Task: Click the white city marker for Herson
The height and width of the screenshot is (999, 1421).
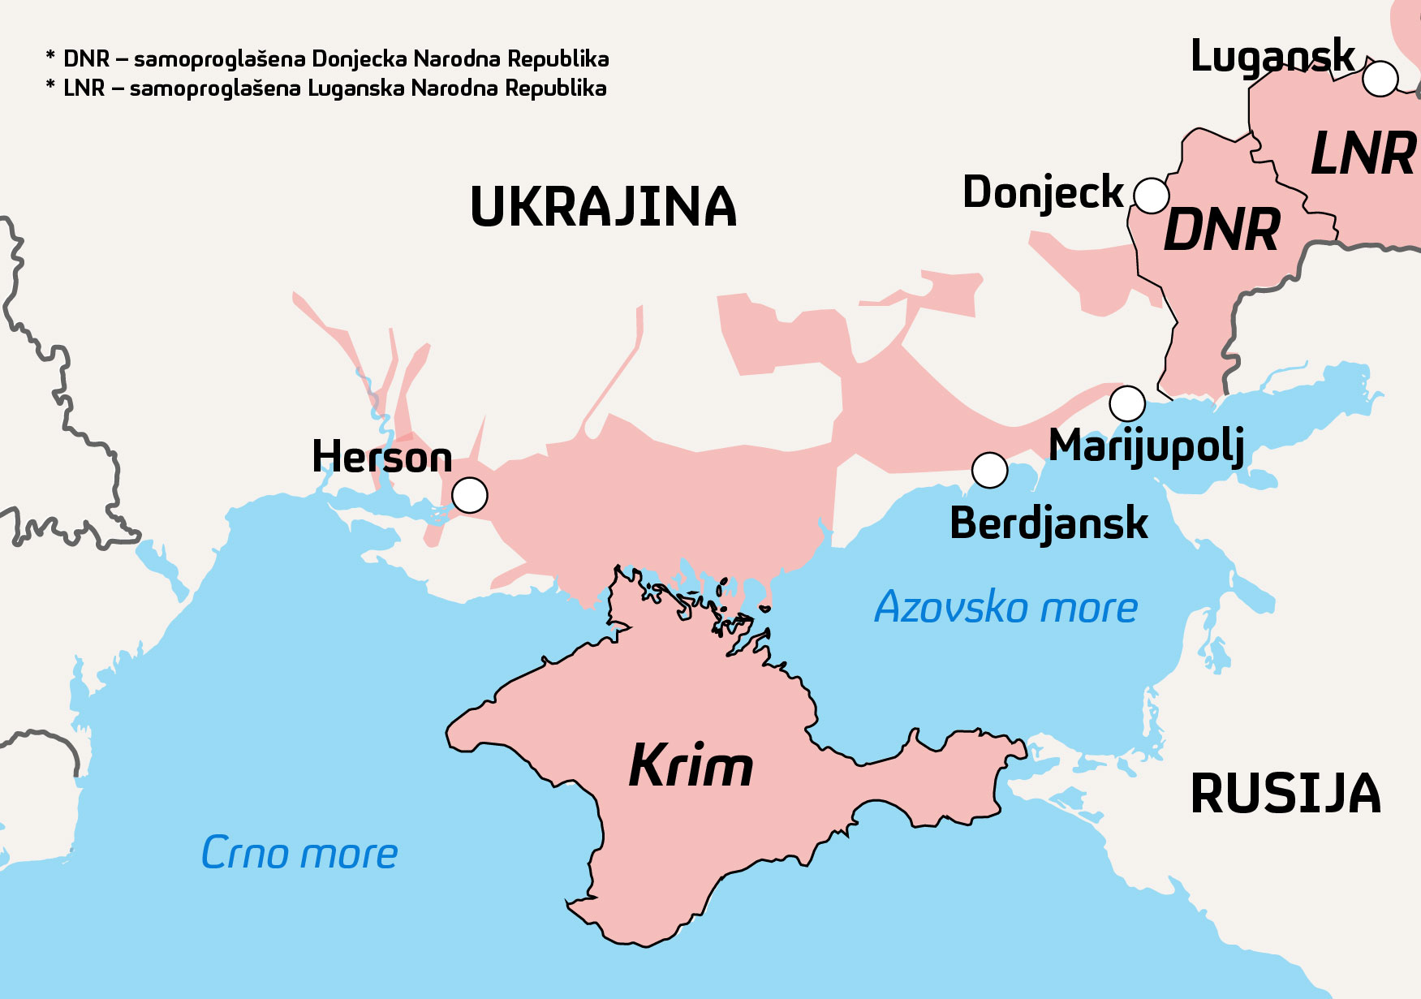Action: pos(469,495)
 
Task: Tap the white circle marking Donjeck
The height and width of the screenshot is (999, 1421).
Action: pos(1151,196)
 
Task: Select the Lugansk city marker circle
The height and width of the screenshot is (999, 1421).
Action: pos(1380,79)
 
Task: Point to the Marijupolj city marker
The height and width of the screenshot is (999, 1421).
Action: pos(1127,403)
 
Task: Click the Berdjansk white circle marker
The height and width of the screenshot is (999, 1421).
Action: pos(989,470)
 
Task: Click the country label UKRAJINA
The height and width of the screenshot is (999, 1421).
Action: pos(603,207)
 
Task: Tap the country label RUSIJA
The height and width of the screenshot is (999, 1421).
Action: pos(1285,794)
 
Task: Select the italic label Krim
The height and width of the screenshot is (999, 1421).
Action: pos(691,765)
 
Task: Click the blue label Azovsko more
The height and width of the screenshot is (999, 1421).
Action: pos(1005,607)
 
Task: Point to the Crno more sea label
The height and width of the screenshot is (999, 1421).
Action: pos(299,853)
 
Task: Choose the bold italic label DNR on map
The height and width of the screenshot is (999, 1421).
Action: pos(1221,230)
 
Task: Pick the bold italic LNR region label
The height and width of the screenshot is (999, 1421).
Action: pos(1363,154)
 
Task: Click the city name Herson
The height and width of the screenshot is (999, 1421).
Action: pos(381,457)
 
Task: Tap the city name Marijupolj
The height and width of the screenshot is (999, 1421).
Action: pos(1146,446)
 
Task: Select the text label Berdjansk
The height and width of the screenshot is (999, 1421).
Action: pos(1049,523)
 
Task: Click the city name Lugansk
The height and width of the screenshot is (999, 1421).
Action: pos(1272,57)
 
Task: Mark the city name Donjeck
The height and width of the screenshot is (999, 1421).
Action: pos(1043,193)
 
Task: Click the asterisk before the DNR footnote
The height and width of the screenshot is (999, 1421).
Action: pos(50,57)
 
